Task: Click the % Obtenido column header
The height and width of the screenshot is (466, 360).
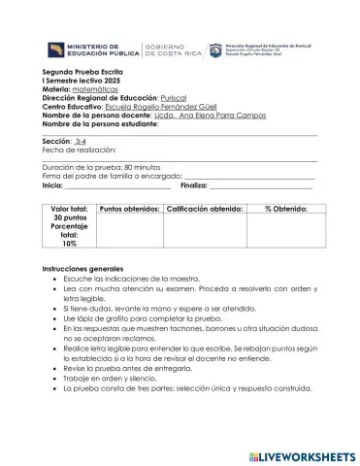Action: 286,209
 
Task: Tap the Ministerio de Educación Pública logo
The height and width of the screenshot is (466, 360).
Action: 92,50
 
